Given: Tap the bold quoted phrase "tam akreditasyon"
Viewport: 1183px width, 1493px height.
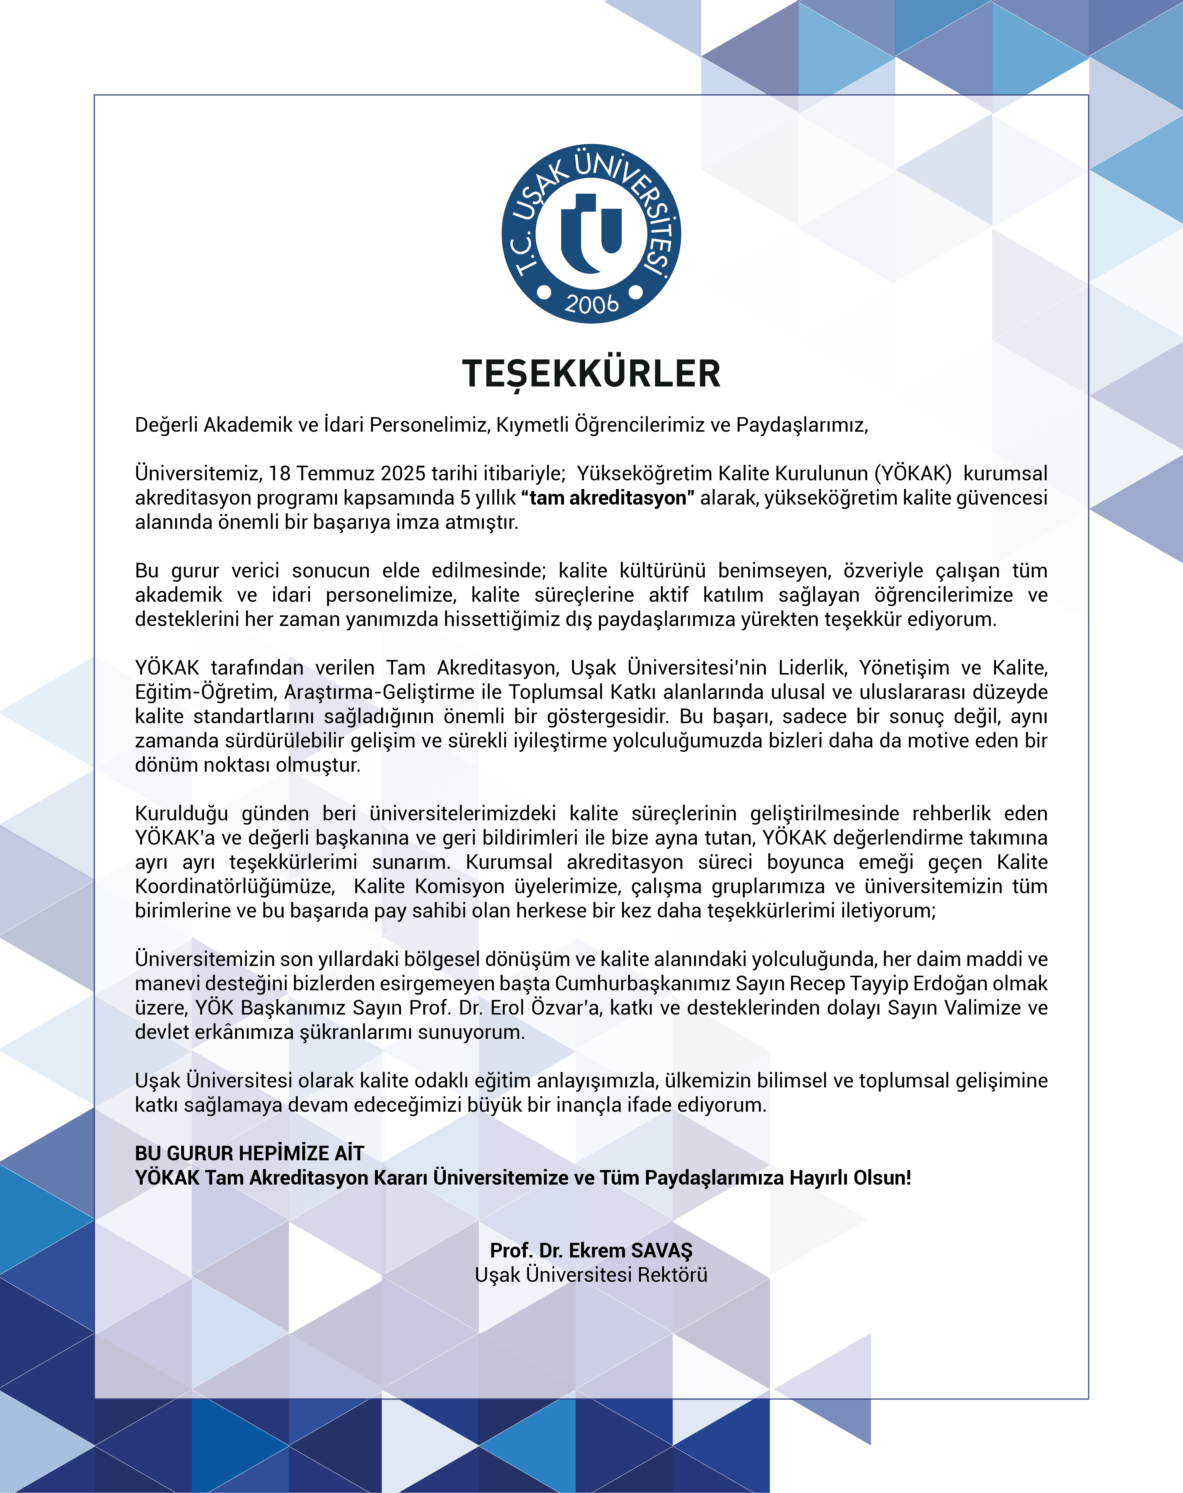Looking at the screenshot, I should tap(608, 498).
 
